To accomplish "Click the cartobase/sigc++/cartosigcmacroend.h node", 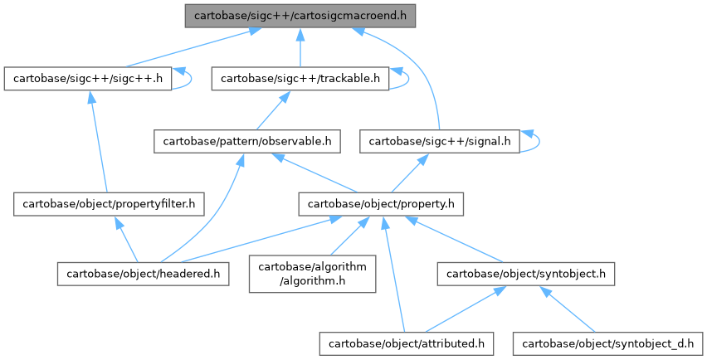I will click(300, 15).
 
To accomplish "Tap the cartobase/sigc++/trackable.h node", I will click(300, 79).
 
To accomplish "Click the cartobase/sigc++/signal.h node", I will click(439, 142).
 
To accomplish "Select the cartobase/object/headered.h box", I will click(142, 272).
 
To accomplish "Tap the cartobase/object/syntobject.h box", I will click(527, 272).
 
